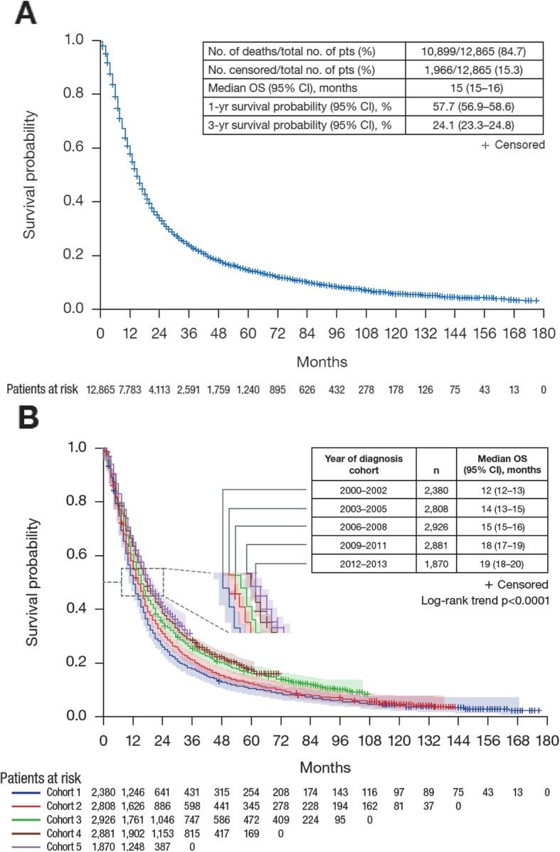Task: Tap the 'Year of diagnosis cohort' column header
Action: click(x=364, y=464)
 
